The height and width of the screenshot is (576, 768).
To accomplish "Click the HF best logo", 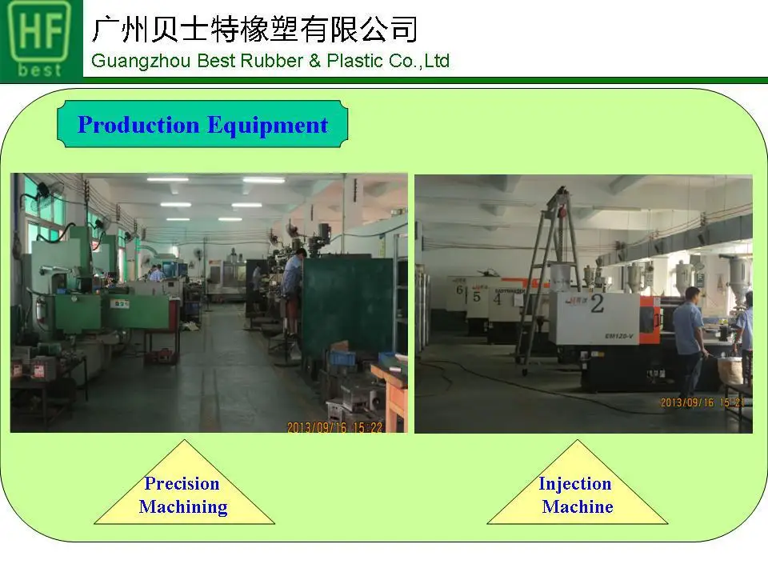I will [x=40, y=38].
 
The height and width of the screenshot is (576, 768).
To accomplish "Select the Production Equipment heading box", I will [x=202, y=125].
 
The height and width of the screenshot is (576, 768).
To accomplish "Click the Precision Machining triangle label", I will [x=183, y=494].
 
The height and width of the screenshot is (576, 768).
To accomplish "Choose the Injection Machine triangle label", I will [x=576, y=494].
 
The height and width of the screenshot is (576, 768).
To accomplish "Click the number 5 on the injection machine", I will [x=477, y=296].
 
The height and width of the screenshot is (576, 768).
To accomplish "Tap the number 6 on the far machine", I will [x=460, y=290].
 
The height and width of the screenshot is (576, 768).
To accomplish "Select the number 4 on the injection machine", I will [x=498, y=299].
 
